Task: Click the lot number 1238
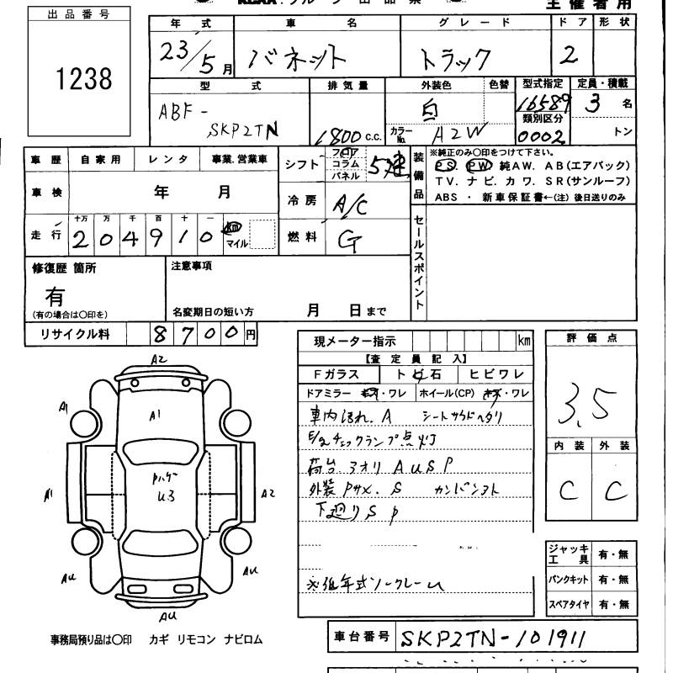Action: click(82, 78)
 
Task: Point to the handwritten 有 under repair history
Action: click(55, 296)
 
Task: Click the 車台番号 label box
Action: click(361, 637)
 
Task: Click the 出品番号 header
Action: click(81, 14)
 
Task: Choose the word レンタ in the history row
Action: click(167, 159)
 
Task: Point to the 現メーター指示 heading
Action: click(352, 342)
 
